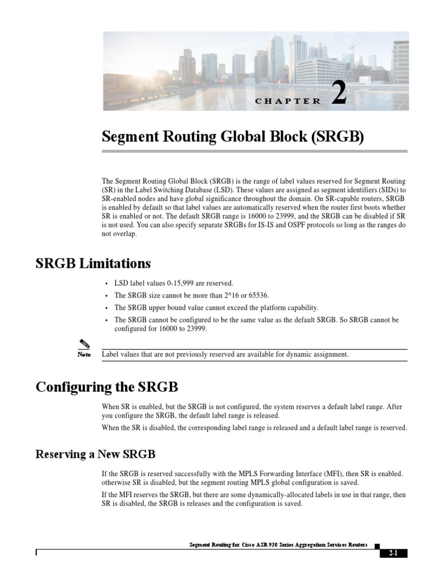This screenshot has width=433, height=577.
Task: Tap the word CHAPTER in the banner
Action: click(288, 101)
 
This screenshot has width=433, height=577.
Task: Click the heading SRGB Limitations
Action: click(93, 264)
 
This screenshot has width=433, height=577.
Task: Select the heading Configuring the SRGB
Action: click(107, 387)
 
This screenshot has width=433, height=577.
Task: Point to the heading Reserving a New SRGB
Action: click(95, 454)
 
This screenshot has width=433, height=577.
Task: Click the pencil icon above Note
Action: click(84, 345)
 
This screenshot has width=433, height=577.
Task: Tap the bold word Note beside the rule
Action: click(84, 355)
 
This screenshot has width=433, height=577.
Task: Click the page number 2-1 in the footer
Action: click(393, 553)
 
